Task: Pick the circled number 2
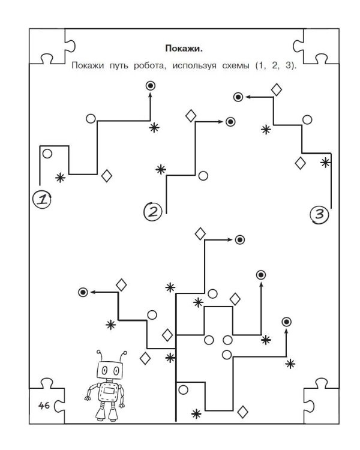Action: click(x=152, y=211)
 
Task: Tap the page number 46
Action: click(x=43, y=406)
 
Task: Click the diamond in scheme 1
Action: click(x=107, y=176)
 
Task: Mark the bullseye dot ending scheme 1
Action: click(x=150, y=86)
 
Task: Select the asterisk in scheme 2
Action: click(x=160, y=170)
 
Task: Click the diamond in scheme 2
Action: click(x=191, y=116)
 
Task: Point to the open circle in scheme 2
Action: click(x=203, y=176)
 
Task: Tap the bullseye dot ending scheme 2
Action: click(x=230, y=122)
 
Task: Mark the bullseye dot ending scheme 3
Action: click(x=238, y=96)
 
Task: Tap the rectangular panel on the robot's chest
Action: click(x=110, y=392)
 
